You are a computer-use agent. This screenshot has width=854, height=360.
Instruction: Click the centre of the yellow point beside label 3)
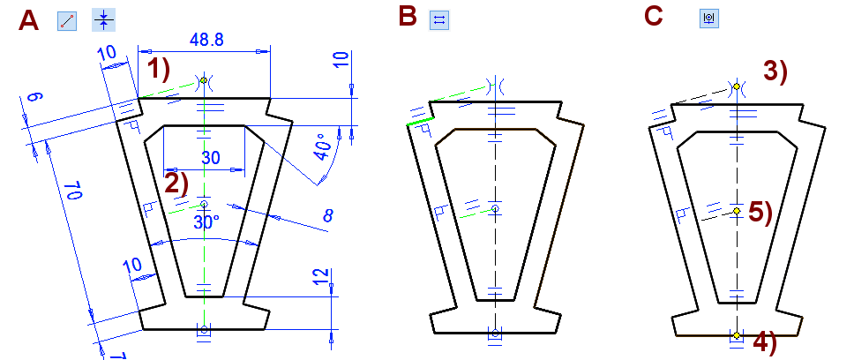click(x=737, y=86)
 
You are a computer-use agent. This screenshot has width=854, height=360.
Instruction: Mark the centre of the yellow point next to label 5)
click(x=737, y=211)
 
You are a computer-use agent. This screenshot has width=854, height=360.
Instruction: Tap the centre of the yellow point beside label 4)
click(x=737, y=335)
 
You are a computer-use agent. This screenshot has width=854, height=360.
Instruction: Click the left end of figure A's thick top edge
click(x=139, y=99)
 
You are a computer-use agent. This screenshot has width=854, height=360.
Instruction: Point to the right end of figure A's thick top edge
click(x=270, y=99)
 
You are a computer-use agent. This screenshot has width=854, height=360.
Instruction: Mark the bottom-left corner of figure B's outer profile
click(x=433, y=333)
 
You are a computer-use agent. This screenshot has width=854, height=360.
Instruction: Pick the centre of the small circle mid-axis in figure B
click(x=495, y=208)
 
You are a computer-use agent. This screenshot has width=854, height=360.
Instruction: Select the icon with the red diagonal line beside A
click(x=67, y=20)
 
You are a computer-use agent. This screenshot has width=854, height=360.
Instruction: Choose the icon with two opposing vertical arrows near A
click(x=103, y=20)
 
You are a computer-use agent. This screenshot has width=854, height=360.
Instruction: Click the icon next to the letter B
click(x=439, y=20)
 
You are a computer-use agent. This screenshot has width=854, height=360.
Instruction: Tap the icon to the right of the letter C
click(x=708, y=18)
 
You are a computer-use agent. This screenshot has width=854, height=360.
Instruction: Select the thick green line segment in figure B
click(x=421, y=122)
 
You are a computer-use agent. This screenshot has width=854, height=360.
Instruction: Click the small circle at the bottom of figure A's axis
click(x=204, y=329)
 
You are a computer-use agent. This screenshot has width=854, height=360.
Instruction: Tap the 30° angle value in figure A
click(x=207, y=222)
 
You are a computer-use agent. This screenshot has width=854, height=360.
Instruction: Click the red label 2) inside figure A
click(x=176, y=183)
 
